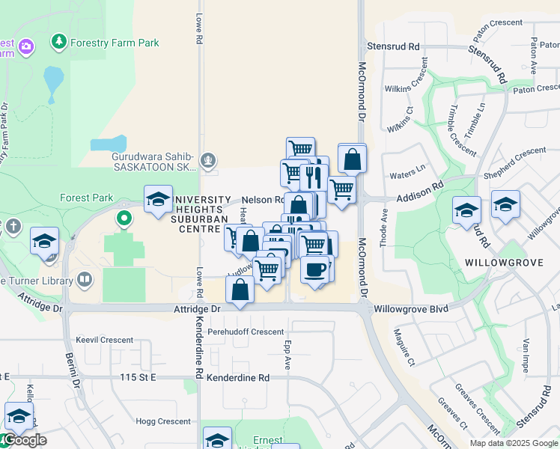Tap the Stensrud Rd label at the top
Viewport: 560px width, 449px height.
[393, 46]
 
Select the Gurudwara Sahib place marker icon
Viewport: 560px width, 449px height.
[209, 159]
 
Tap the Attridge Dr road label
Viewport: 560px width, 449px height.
[198, 308]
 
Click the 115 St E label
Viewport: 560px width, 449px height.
[138, 378]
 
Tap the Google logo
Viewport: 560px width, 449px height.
[24, 440]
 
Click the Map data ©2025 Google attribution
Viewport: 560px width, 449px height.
[514, 443]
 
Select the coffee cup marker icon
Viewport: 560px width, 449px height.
[315, 269]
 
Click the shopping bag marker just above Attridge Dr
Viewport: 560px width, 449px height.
[240, 290]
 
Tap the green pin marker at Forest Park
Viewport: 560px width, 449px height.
[124, 219]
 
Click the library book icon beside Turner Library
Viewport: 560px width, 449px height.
[85, 281]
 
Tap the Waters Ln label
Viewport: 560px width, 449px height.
[407, 176]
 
